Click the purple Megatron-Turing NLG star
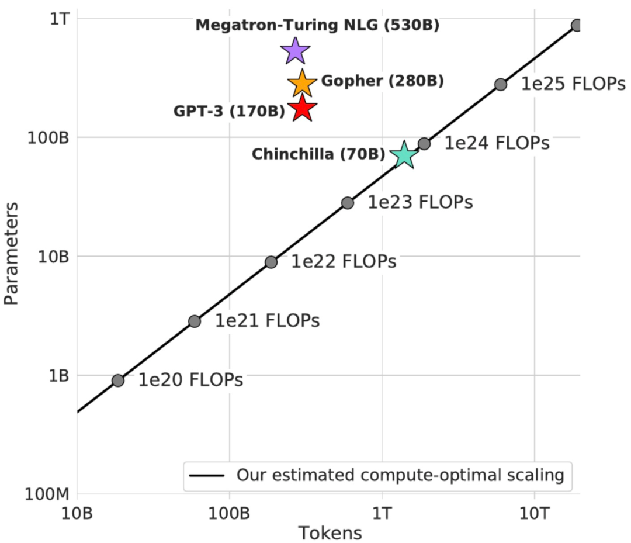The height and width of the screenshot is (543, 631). click(x=295, y=51)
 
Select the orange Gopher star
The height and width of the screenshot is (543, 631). click(x=302, y=84)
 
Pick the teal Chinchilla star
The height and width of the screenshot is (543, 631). click(x=404, y=156)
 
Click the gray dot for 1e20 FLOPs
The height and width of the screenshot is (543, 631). click(x=118, y=381)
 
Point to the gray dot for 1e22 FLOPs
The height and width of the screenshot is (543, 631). click(x=271, y=262)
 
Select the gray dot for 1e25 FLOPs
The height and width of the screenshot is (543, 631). click(x=500, y=84)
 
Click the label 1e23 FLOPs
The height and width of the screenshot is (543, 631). click(x=420, y=202)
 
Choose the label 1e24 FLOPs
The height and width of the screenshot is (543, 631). click(x=497, y=143)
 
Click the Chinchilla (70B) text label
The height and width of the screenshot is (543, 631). click(x=318, y=155)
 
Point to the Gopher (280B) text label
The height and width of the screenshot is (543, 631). click(x=383, y=81)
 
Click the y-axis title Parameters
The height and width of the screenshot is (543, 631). click(x=12, y=253)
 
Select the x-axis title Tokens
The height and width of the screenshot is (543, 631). click(x=330, y=532)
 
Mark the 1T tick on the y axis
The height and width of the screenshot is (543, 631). click(x=59, y=19)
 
